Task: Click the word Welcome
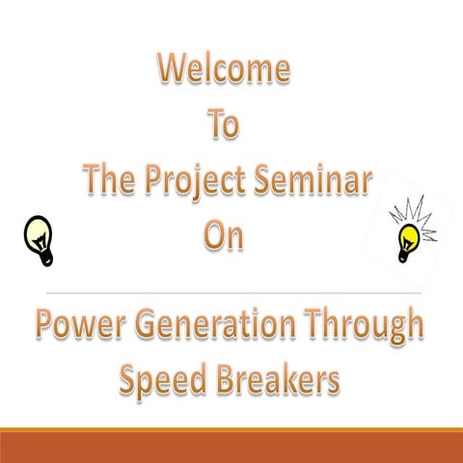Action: pos(224,69)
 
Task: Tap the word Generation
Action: pos(210,325)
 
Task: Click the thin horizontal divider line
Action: pos(231,290)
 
